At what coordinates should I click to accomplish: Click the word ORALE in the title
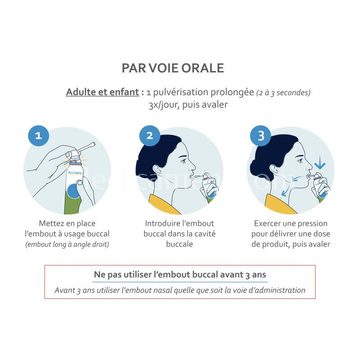[x=202, y=68]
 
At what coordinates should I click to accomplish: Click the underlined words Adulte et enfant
[x=103, y=92]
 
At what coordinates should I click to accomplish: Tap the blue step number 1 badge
[x=38, y=136]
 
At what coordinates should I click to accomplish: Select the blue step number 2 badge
[x=150, y=136]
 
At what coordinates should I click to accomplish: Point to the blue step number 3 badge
[x=261, y=136]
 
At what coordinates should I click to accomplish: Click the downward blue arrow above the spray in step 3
[x=320, y=162]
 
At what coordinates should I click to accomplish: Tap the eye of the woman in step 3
[x=300, y=160]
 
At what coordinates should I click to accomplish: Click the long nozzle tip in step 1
[x=94, y=144]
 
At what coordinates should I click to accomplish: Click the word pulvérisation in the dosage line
[x=180, y=92]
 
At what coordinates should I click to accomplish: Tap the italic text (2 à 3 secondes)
[x=283, y=93]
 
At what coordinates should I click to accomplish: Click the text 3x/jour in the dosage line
[x=164, y=105]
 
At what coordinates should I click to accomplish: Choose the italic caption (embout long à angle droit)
[x=67, y=244]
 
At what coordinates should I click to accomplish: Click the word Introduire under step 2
[x=160, y=223]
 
